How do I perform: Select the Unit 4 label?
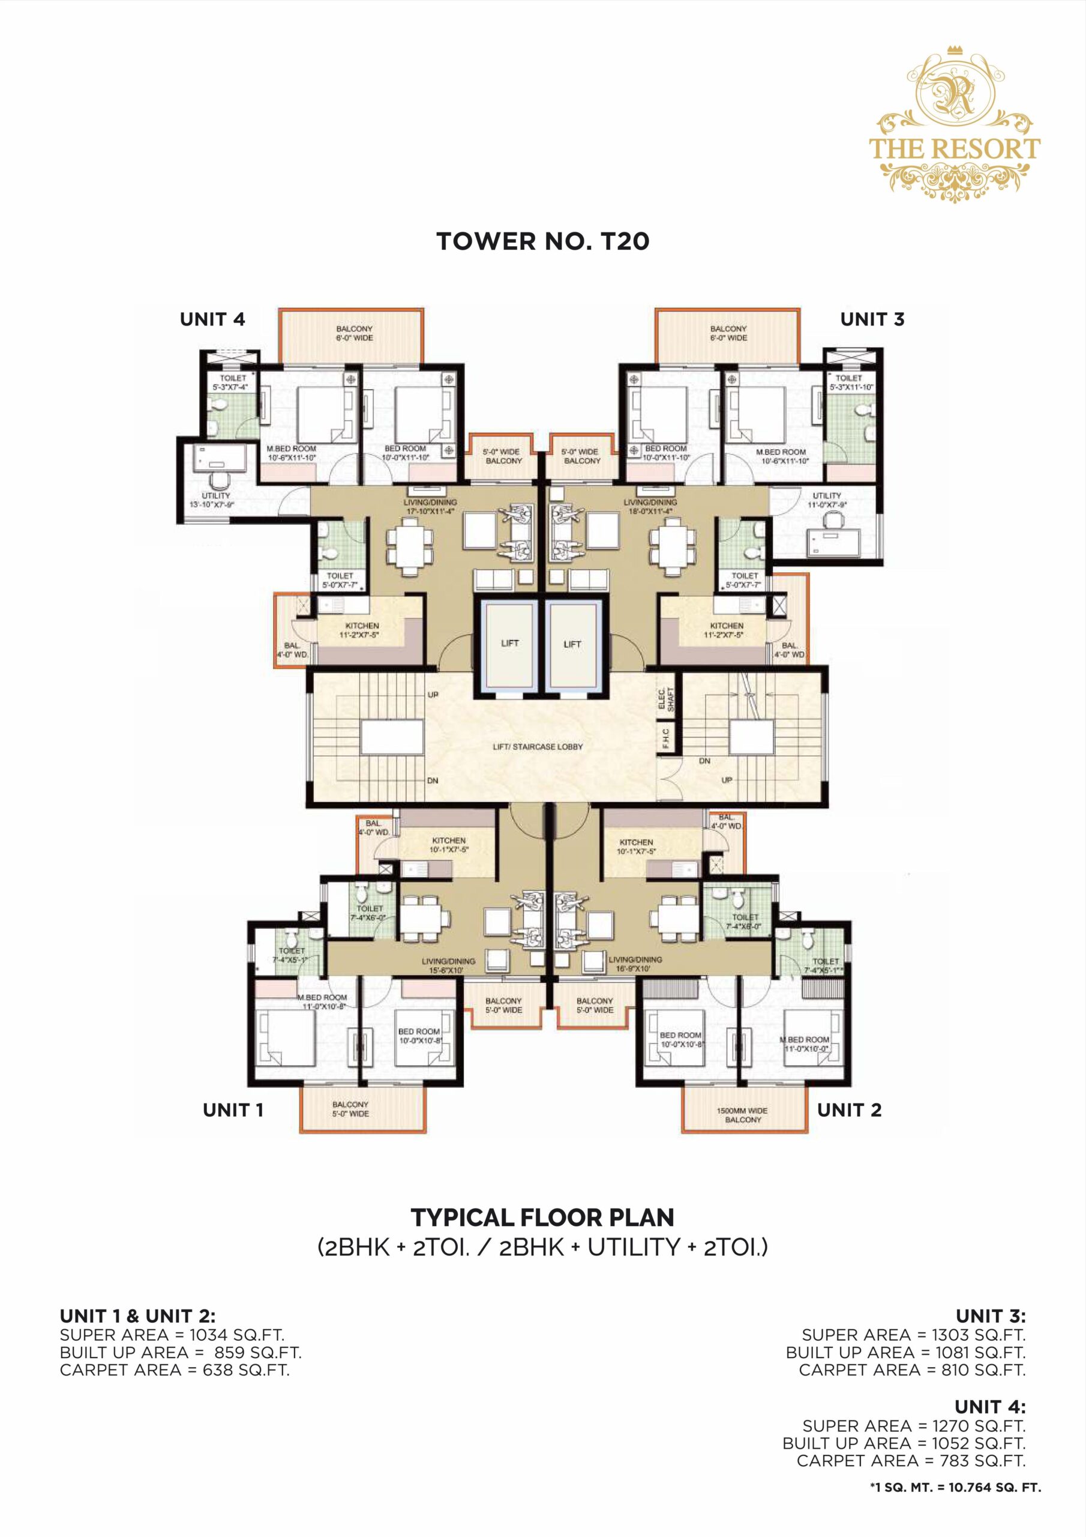point(212,319)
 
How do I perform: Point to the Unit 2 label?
point(848,1110)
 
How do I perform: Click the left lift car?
point(509,644)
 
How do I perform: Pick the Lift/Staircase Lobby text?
point(538,746)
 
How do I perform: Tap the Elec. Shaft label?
point(666,699)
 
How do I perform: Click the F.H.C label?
point(666,738)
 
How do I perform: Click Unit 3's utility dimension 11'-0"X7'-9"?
point(826,505)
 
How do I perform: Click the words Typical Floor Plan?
point(542,1217)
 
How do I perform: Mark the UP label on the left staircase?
point(433,695)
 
